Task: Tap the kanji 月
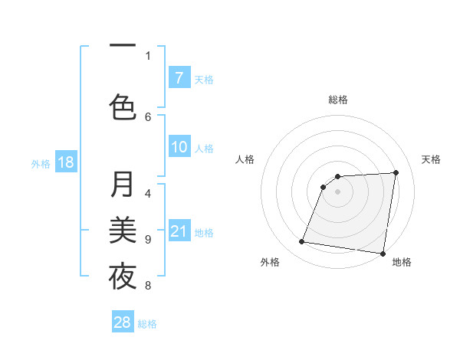(x=123, y=185)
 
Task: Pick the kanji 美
(x=123, y=230)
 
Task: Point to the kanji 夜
(x=123, y=276)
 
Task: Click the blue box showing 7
(x=179, y=77)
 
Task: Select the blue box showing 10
(x=179, y=147)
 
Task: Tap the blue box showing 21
(x=179, y=231)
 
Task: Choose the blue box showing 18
(x=65, y=162)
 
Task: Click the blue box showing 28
(x=123, y=322)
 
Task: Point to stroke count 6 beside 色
(x=148, y=116)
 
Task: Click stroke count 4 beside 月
(x=148, y=194)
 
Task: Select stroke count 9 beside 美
(x=148, y=240)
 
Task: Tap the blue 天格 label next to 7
(x=204, y=79)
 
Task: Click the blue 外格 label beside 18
(x=40, y=163)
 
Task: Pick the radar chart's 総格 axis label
(x=337, y=100)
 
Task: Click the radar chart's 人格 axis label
(x=245, y=159)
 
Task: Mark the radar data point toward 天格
(x=396, y=172)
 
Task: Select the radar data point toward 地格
(x=383, y=254)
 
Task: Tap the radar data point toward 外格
(x=302, y=242)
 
